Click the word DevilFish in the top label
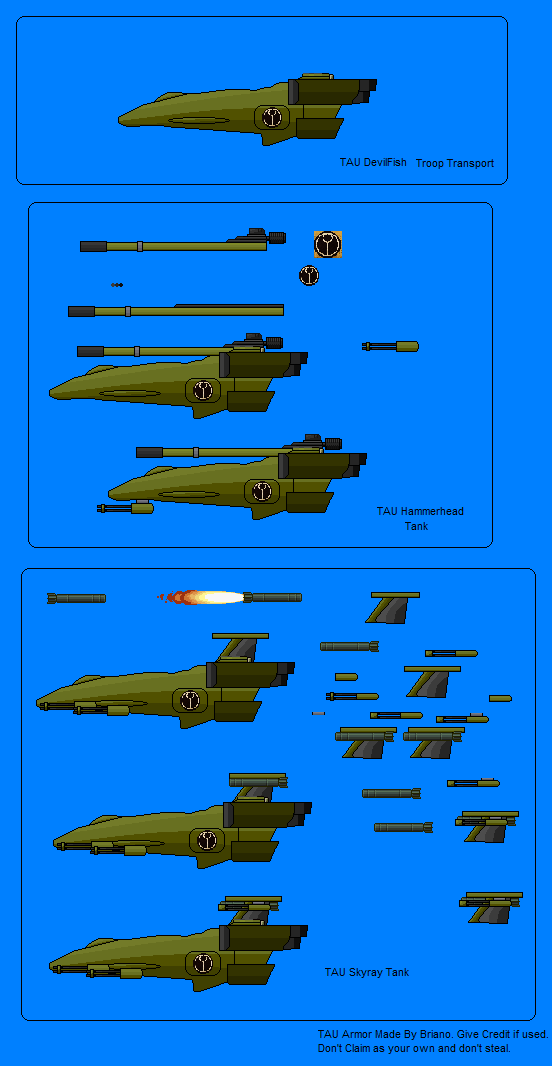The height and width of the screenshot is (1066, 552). tap(384, 162)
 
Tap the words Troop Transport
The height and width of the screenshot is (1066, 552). tap(455, 163)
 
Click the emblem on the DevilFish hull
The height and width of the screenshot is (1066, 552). tap(272, 117)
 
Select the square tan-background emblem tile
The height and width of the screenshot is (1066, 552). tap(328, 244)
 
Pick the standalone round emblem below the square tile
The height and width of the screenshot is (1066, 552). tap(309, 275)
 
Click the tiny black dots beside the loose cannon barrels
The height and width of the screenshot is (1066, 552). tap(117, 285)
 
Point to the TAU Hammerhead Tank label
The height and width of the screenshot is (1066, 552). tap(420, 518)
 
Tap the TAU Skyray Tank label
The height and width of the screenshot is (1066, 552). tap(367, 972)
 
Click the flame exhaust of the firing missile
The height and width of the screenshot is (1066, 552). tap(200, 598)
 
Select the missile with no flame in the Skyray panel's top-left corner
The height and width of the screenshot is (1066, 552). tap(76, 598)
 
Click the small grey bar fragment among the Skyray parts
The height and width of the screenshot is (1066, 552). tap(318, 713)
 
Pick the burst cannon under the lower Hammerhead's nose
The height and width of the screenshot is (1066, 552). tap(126, 508)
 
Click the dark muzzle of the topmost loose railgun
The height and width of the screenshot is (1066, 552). tap(93, 246)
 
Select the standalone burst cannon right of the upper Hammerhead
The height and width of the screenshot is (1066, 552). tap(390, 347)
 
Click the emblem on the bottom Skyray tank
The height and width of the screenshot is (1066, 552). tap(203, 963)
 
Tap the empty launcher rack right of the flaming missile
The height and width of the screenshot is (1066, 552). tap(394, 607)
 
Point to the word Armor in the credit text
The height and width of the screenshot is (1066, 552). tap(358, 1034)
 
